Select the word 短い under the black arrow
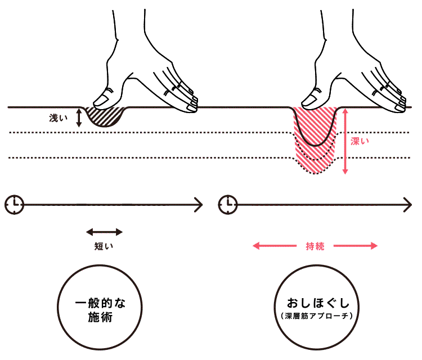click(104, 246)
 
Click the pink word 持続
click(315, 246)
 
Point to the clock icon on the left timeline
click(15, 204)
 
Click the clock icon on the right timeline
click(227, 204)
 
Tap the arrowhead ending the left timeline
click(199, 204)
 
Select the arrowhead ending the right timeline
click(409, 204)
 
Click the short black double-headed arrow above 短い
click(104, 231)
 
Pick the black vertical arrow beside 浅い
click(79, 117)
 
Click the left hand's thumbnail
click(101, 100)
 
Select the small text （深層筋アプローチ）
click(315, 316)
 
